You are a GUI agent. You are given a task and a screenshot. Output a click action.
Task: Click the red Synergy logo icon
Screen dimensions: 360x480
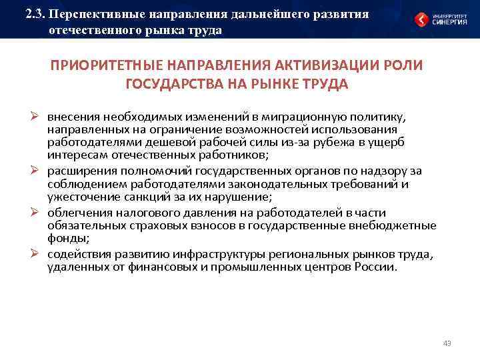(421, 20)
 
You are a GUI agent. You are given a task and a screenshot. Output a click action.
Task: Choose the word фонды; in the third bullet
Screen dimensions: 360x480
(66, 238)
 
